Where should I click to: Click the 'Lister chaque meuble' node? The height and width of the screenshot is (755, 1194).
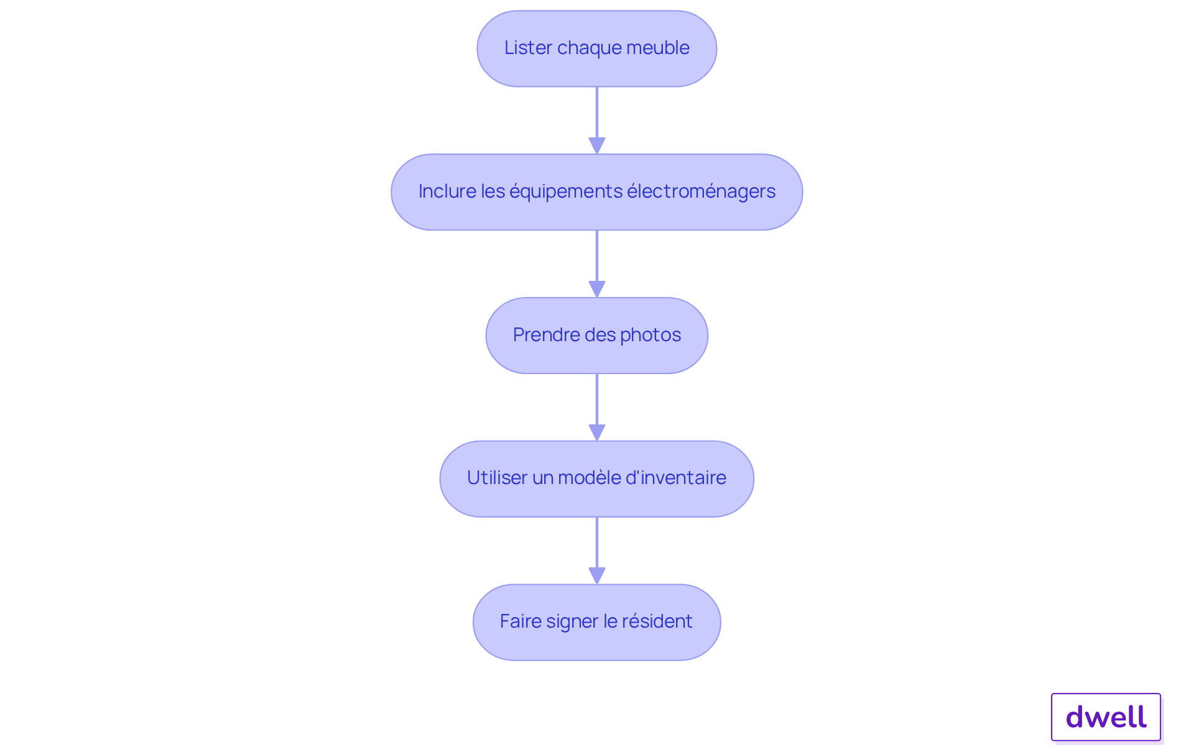(x=597, y=48)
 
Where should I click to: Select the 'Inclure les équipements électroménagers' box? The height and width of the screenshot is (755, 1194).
(x=597, y=192)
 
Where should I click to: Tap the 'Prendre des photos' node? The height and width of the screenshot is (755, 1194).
(x=597, y=336)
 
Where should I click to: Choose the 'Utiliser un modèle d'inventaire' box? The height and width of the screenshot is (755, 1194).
(x=597, y=479)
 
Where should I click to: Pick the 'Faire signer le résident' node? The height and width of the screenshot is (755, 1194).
(x=597, y=622)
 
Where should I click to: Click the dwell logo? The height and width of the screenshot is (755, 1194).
(x=1106, y=717)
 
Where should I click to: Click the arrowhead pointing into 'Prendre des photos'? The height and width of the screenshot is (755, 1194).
(x=597, y=290)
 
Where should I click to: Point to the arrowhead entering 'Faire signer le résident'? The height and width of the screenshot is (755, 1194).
(x=597, y=576)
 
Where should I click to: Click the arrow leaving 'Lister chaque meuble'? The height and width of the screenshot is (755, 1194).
(x=597, y=121)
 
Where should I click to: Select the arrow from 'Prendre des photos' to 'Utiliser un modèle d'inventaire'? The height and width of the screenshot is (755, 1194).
(x=597, y=408)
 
